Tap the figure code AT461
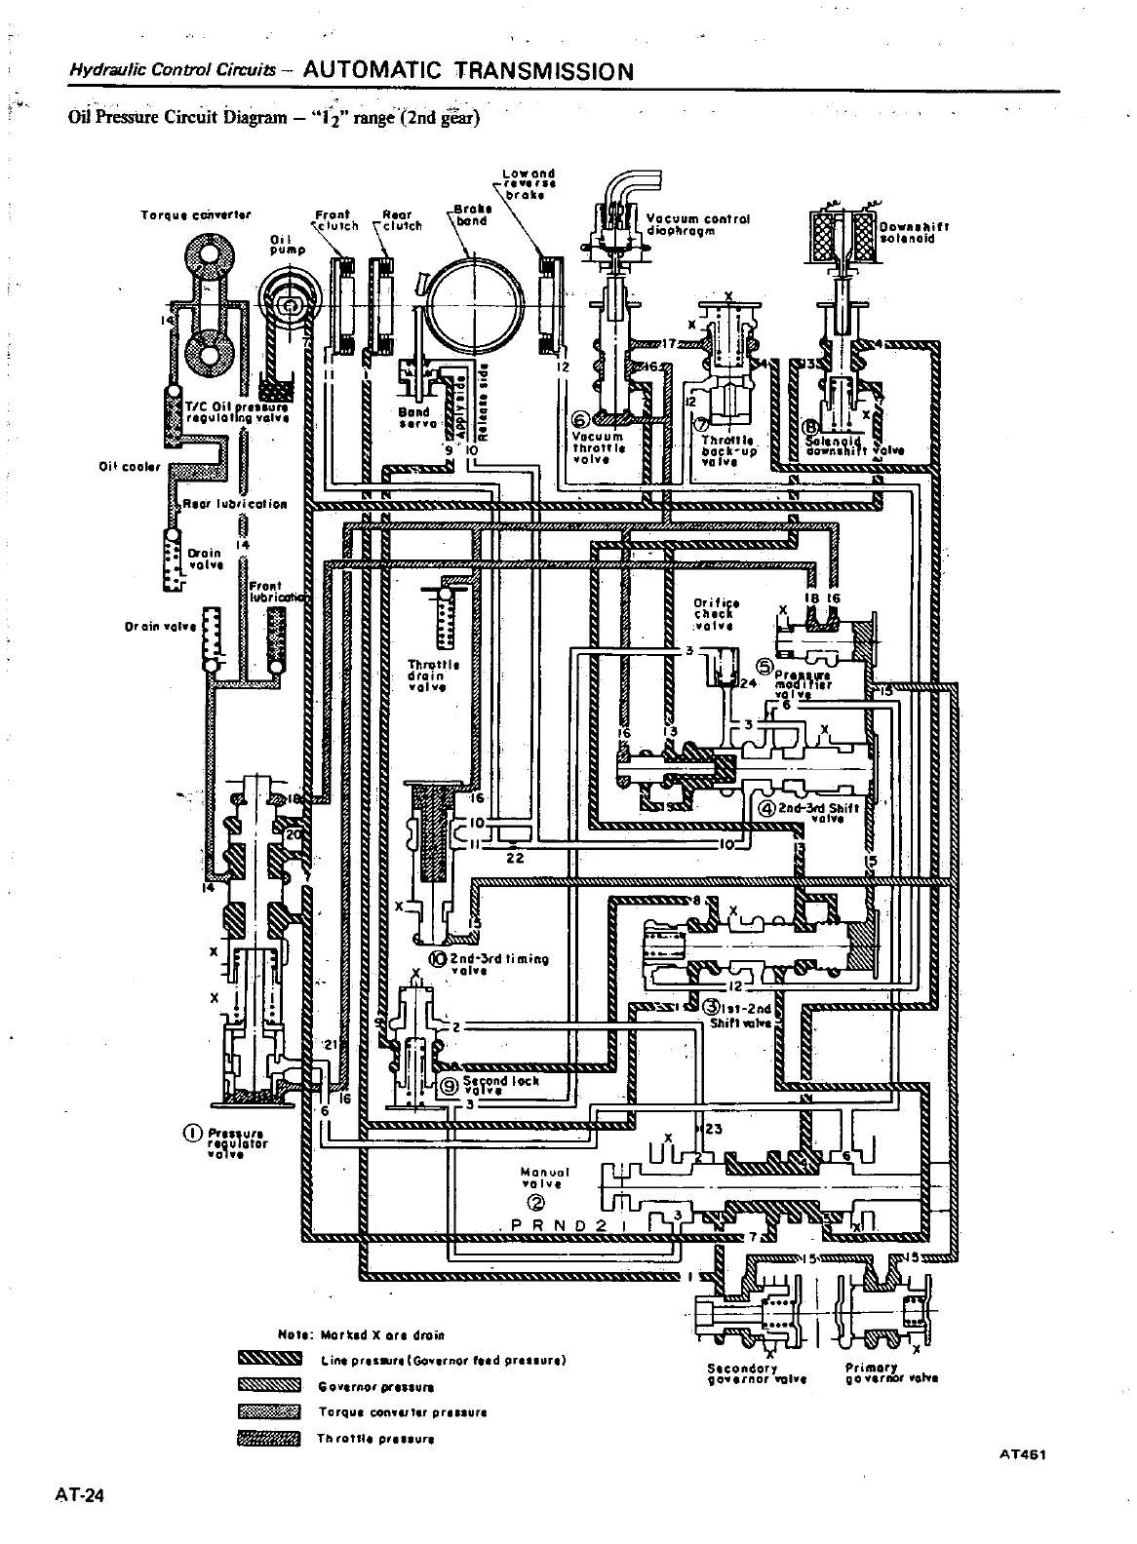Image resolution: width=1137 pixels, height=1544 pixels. coord(1022,1454)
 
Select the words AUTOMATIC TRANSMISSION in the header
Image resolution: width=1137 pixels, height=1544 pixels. coord(469,71)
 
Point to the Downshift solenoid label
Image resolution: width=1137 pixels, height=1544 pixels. coord(915,230)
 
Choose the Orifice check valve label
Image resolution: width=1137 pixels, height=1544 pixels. coord(716,614)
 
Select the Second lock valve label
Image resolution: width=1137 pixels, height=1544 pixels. coord(501,1085)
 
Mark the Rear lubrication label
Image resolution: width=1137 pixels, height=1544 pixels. coord(236,504)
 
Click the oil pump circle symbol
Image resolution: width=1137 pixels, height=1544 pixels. coord(292,305)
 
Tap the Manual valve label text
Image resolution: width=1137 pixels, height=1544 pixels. coord(544,1177)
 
